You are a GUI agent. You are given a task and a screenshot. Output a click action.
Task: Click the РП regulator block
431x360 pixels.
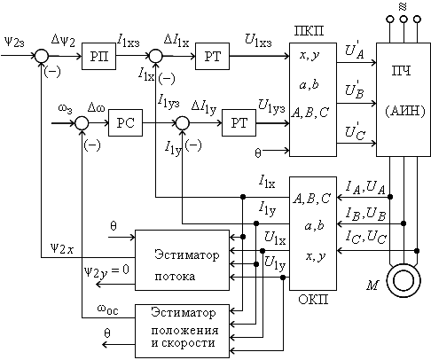pyautogui.click(x=98, y=56)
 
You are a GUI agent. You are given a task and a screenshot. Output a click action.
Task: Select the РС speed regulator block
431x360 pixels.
pyautogui.click(x=125, y=122)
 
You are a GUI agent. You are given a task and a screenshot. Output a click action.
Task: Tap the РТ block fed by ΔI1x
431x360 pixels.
pyautogui.click(x=212, y=56)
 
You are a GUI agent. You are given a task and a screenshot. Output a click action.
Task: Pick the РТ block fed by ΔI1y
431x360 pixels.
pyautogui.click(x=239, y=122)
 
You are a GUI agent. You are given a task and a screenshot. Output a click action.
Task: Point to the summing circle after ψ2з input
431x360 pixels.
pyautogui.click(x=42, y=56)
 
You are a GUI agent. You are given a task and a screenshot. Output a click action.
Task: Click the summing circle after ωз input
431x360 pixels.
pyautogui.click(x=82, y=123)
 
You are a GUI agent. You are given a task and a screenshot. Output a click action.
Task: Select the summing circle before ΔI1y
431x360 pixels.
pyautogui.click(x=183, y=123)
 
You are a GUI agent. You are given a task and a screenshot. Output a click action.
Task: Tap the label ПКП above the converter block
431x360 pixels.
pyautogui.click(x=309, y=31)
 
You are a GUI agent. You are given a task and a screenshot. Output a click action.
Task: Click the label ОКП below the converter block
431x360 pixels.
pyautogui.click(x=313, y=300)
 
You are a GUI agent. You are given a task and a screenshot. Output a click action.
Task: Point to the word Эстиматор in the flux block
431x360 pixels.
pyautogui.click(x=187, y=254)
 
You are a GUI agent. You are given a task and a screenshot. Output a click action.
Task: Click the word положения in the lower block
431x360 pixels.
pyautogui.click(x=184, y=330)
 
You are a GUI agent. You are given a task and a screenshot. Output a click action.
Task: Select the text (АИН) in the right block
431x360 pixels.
pyautogui.click(x=405, y=111)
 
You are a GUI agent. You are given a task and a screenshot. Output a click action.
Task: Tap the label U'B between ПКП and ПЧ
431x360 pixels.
pyautogui.click(x=355, y=89)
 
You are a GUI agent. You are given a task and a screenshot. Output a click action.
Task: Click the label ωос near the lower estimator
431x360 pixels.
pyautogui.click(x=107, y=309)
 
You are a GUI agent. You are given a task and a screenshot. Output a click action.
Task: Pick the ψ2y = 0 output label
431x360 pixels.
pyautogui.click(x=106, y=271)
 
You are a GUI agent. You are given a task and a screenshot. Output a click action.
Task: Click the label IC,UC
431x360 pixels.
pyautogui.click(x=366, y=237)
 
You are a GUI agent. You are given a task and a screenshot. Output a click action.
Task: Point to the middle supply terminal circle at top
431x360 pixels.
pyautogui.click(x=404, y=20)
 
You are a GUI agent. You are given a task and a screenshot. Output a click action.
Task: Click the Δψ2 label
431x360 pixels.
pyautogui.click(x=63, y=40)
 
